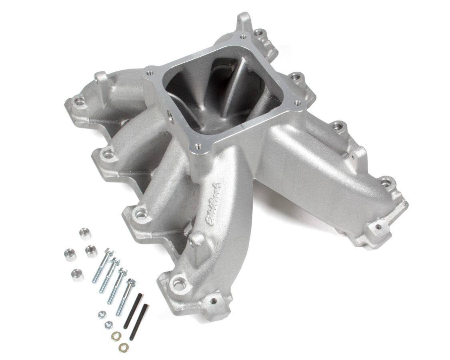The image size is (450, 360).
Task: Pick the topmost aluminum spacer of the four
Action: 84,233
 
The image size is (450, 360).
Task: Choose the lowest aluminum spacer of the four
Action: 77,274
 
